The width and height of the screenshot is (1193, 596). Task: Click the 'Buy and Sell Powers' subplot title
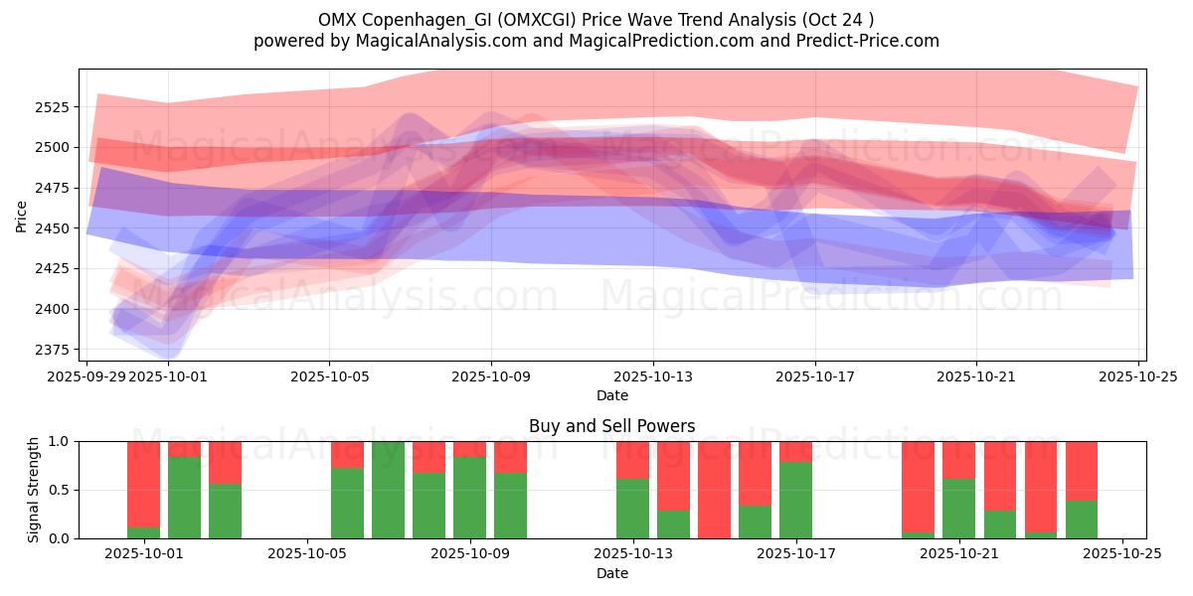point(611,426)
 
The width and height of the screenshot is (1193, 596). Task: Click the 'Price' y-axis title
point(21,216)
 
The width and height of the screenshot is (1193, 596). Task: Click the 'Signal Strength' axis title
point(34,490)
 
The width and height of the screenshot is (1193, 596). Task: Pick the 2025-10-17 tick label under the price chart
point(815,377)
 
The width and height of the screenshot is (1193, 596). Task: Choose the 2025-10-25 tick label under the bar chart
point(1122,554)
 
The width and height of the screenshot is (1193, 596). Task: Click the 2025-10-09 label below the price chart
point(490,377)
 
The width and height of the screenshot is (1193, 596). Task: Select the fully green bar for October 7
point(388,490)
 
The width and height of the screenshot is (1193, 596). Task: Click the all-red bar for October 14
point(714,490)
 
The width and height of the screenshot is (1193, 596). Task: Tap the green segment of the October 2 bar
point(184,498)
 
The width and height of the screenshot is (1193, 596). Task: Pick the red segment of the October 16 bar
point(755,473)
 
